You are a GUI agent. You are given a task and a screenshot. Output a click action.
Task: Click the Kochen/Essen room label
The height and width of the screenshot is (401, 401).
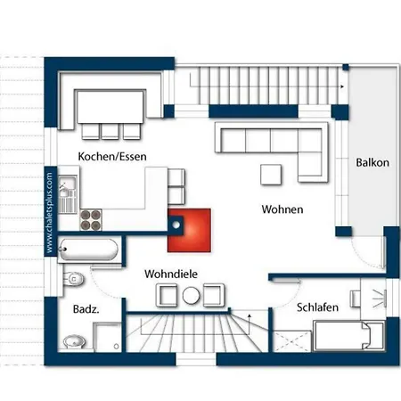tap(112, 157)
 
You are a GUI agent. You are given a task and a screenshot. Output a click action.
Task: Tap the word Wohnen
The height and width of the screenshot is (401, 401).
tap(282, 209)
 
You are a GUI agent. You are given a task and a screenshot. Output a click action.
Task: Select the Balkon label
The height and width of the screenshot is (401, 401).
tap(372, 162)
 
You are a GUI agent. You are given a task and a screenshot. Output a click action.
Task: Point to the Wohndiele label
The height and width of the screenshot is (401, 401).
tap(171, 274)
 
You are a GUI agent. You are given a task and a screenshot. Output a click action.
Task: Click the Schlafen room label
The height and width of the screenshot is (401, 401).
tap(317, 307)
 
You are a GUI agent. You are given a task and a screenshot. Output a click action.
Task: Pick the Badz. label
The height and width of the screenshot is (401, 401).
tap(86, 309)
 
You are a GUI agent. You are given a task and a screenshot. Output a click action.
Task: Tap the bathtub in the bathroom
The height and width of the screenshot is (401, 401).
tap(88, 249)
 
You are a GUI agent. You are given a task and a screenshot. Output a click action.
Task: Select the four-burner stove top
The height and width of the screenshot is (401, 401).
tap(91, 220)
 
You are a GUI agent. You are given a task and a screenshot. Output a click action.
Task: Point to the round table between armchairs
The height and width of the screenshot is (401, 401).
tap(191, 296)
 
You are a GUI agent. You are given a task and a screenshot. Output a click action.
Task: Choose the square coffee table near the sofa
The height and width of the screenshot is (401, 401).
tap(271, 175)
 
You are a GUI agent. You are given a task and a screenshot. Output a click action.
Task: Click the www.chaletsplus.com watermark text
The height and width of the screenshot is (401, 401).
tap(49, 213)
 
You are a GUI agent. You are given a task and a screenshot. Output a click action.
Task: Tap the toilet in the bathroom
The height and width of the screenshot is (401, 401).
tap(73, 279)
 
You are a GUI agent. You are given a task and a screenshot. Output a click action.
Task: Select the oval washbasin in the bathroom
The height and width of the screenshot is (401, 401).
tap(74, 342)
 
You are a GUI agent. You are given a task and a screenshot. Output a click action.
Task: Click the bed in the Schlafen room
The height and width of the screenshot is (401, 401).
tap(349, 335)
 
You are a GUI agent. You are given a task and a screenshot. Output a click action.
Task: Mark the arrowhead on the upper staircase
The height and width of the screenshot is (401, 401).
tap(342, 86)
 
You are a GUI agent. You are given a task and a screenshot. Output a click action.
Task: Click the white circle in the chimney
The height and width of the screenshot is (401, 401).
tap(176, 225)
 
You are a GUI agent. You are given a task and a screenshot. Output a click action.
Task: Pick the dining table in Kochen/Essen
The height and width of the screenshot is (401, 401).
tap(110, 107)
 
